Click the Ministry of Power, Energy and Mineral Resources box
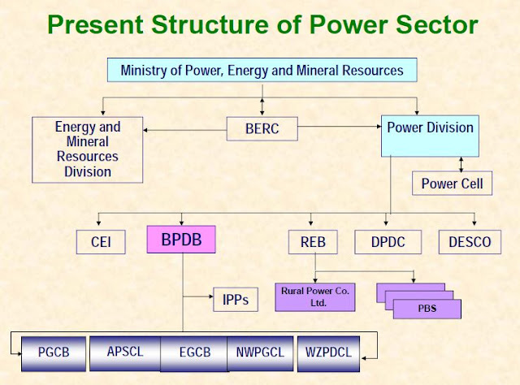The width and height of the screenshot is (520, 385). click(262, 70)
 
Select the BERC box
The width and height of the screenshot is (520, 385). click(262, 128)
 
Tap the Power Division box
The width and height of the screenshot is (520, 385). click(430, 128)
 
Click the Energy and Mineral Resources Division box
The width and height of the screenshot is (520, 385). click(87, 149)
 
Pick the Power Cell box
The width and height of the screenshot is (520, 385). click(451, 183)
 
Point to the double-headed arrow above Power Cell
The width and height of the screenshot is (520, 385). click(462, 162)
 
